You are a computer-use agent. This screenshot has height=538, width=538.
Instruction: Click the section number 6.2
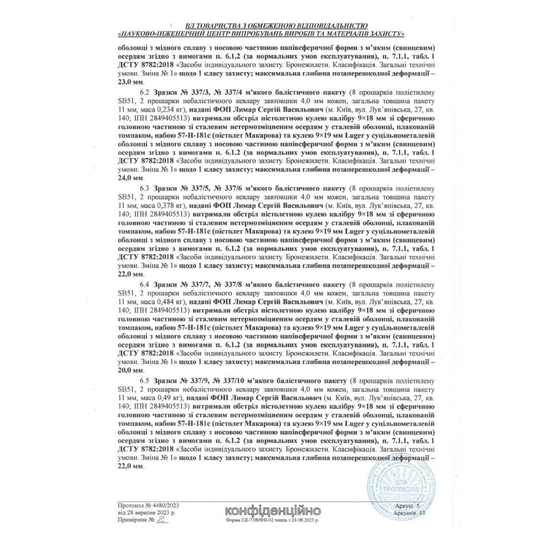[144, 93]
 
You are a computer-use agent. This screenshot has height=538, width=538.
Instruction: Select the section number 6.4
[144, 284]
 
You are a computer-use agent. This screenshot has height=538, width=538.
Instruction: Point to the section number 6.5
[144, 381]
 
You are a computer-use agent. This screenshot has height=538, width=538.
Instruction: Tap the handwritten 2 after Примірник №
[161, 519]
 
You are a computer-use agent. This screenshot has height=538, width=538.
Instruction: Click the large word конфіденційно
[273, 511]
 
